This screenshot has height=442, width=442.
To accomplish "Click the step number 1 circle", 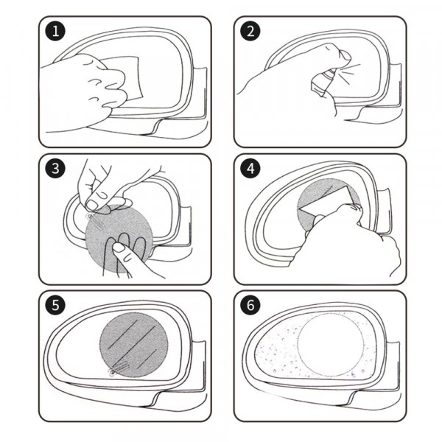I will [x=53, y=32].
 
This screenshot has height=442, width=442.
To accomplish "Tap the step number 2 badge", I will [x=251, y=32].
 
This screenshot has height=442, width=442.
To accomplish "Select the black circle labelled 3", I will [x=53, y=169].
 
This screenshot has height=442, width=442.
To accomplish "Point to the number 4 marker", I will [x=251, y=169].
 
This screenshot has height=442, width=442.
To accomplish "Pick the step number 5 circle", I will [x=53, y=306].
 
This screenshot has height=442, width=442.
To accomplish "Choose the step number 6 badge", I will [x=251, y=306].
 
